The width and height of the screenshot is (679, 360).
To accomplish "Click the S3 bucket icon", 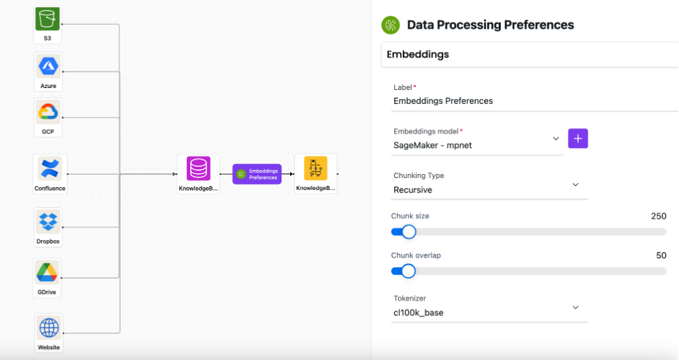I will pos(47,19).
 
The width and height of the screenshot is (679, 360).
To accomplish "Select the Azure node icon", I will pos(48,66).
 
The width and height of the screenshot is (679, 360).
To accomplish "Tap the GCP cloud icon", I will pos(48,112).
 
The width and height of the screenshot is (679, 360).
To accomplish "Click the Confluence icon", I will pos(50,168).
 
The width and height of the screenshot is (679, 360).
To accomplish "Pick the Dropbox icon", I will pos(48,221).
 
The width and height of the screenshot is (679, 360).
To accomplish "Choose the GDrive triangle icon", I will pos(47,272).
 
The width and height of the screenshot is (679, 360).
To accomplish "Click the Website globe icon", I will pos(49,327).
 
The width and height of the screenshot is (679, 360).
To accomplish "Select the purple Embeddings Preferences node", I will pos(257,174).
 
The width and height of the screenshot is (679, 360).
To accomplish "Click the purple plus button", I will pos(578,139).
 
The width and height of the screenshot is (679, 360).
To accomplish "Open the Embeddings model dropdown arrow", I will pos(556,139).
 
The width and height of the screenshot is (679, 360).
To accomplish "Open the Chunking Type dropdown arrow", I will pos(576,184).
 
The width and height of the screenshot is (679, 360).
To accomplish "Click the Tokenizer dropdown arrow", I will pos(576,307).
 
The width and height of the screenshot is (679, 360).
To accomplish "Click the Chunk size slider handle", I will pos(409,231).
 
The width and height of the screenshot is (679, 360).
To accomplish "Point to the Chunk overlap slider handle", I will pos(408,271).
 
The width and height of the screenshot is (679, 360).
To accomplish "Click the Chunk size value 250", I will pos(658,216).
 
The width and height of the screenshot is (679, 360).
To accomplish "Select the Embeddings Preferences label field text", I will pos(443,101).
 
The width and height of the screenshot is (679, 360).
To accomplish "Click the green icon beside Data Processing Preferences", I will pos(390,25).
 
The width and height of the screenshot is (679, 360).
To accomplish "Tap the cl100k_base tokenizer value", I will pos(418,312).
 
